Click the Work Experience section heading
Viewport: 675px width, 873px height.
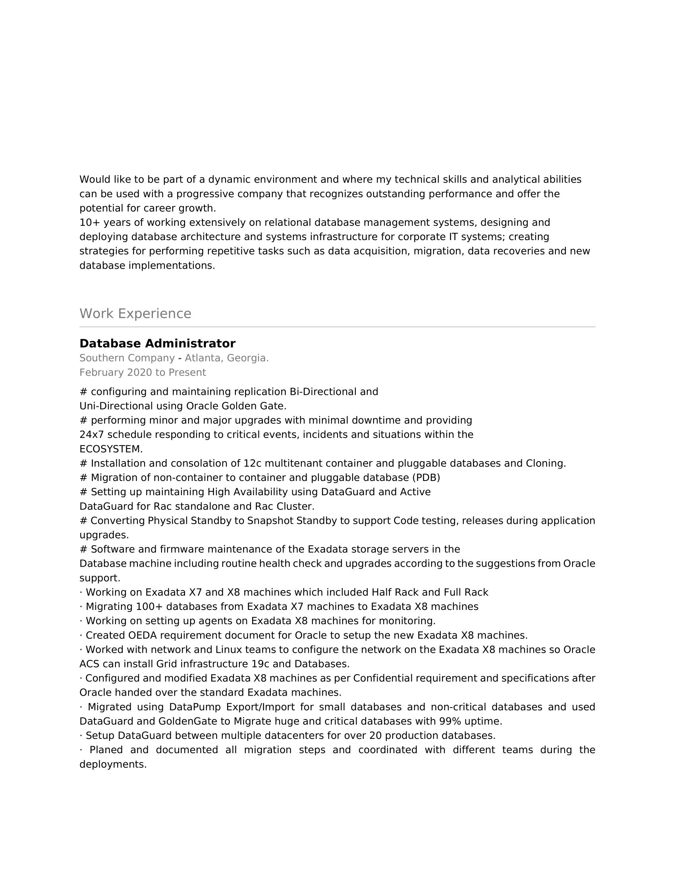pos(135,314)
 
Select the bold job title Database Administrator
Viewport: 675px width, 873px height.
pos(158,344)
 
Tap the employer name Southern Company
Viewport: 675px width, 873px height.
pos(127,358)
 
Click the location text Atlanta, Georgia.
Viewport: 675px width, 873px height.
pos(226,358)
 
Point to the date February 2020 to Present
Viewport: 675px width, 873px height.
pos(143,373)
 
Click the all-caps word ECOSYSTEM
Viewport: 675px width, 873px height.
pos(111,449)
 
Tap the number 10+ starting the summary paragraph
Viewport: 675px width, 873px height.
pos(90,223)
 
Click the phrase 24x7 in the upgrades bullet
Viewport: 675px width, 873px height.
pos(92,435)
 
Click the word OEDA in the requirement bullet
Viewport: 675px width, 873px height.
pos(142,635)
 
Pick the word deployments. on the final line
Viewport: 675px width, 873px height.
pos(113,765)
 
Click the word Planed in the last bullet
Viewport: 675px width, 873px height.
pos(106,750)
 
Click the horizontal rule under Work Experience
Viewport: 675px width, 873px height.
pos(337,327)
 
